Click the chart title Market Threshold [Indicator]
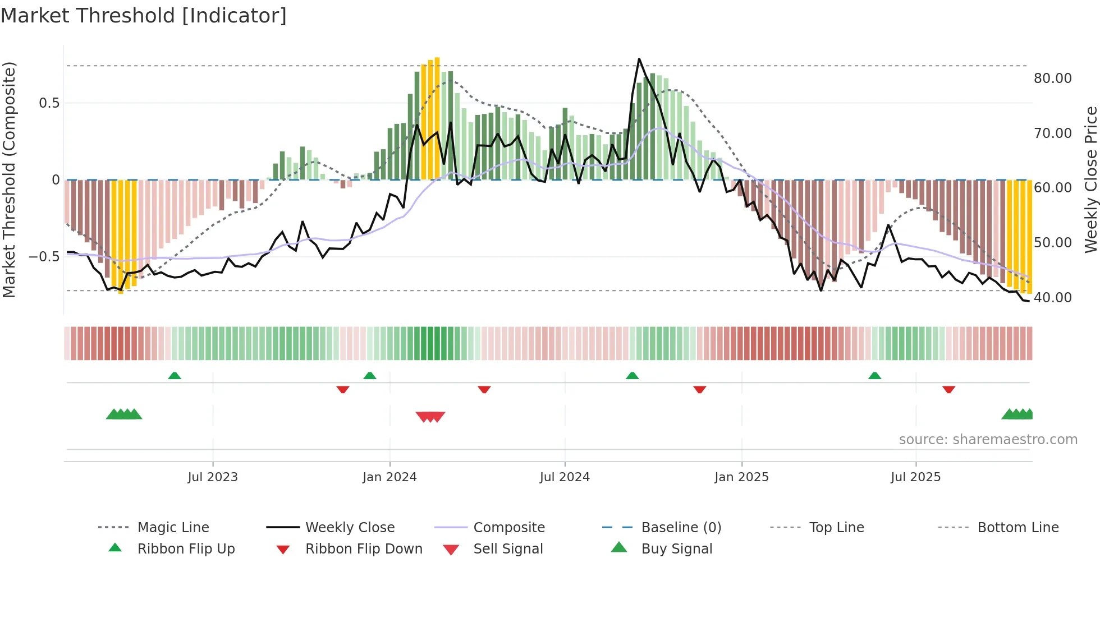(144, 16)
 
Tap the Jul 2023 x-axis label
(213, 477)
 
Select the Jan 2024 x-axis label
(389, 477)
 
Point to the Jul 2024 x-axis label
(565, 477)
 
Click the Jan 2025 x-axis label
(741, 477)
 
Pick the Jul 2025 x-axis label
(915, 477)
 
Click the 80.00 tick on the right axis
(1053, 79)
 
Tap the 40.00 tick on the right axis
(1053, 298)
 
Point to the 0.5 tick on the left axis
(49, 103)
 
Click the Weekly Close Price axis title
(1090, 179)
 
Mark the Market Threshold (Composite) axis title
(9, 179)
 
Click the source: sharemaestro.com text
(988, 440)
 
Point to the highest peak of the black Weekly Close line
(639, 59)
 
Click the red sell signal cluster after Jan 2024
(430, 417)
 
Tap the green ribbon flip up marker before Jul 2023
(175, 376)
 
